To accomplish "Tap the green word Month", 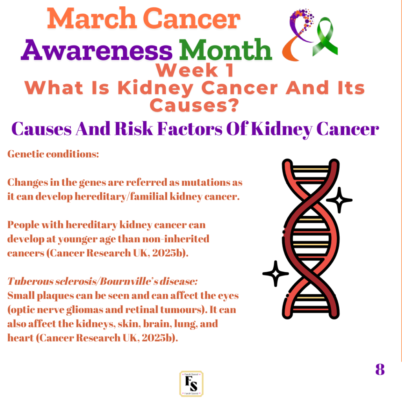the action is pos(225,50).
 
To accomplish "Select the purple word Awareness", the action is pos(97,50).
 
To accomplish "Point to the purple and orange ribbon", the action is pos(298,35).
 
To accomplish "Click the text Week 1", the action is pos(195,70).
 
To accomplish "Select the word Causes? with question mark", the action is pos(194,105).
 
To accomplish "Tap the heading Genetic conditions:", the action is pos(53,154).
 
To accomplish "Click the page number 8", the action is pos(380,369).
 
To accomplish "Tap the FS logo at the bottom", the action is pos(191,384).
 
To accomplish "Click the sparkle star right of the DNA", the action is pos(339,200).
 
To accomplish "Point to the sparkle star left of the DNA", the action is pos(276,274).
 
